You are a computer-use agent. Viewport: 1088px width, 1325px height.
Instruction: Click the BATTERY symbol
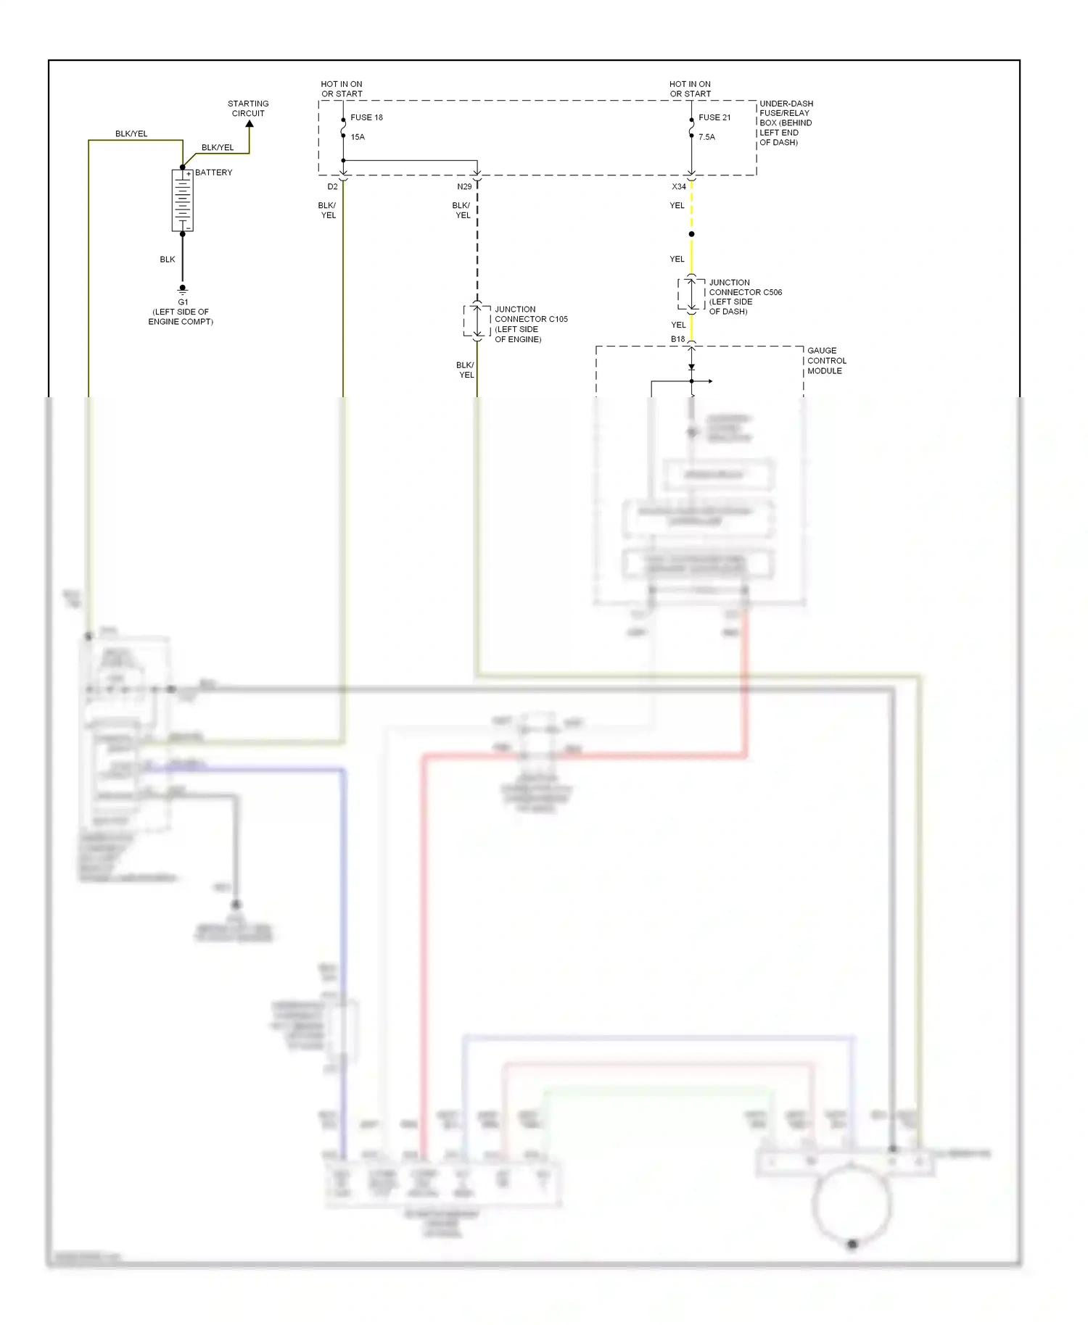(182, 201)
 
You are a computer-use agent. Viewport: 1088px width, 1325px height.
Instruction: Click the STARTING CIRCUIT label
(248, 109)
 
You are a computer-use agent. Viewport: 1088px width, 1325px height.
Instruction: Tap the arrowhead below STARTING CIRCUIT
(250, 125)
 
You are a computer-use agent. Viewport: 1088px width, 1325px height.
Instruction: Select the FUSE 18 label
(366, 117)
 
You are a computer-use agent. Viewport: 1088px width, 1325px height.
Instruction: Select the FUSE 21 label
(714, 117)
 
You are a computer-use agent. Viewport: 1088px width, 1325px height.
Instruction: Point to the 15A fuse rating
(358, 137)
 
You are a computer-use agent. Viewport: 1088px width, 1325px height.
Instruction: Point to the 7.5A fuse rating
(706, 137)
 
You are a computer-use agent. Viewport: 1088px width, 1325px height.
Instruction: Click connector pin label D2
(332, 187)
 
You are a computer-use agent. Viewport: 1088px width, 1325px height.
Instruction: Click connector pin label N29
(464, 187)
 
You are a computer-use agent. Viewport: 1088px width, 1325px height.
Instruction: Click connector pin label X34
(678, 187)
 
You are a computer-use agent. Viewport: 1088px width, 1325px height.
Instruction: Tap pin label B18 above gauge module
(677, 339)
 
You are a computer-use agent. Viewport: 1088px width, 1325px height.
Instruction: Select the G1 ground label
(183, 302)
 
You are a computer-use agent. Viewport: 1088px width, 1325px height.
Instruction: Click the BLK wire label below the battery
(168, 259)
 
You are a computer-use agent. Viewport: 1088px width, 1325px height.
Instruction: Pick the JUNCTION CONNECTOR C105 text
(530, 324)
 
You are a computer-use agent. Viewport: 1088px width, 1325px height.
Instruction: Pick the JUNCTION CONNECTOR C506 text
(744, 297)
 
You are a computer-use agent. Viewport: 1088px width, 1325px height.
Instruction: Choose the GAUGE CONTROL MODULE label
(826, 360)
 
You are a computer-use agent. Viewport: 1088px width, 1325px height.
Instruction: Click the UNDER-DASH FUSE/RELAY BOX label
(786, 123)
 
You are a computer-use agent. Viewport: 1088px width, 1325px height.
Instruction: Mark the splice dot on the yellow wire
(691, 234)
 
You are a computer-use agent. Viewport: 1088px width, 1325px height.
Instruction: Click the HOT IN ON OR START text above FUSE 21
(690, 89)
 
